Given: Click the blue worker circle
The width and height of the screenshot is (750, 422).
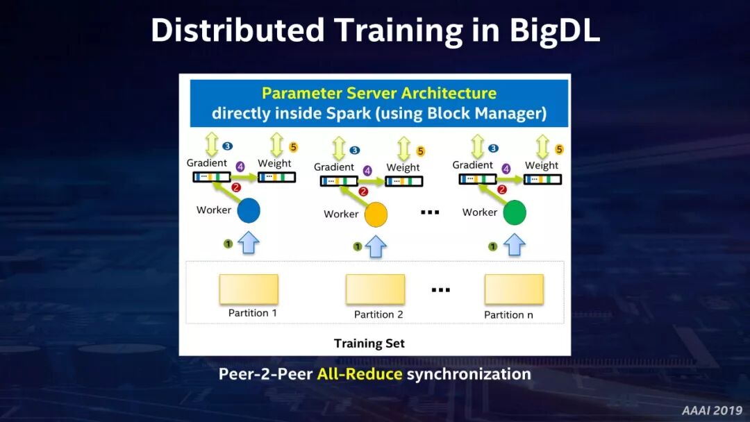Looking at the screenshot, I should (249, 211).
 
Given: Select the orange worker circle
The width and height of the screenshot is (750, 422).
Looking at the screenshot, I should (376, 215).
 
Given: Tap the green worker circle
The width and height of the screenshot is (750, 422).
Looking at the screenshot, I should (515, 213).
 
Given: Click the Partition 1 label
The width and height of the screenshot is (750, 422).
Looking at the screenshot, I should (253, 313).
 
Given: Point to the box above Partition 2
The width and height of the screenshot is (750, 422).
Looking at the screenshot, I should (375, 289).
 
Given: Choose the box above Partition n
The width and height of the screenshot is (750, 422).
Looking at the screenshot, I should (514, 289).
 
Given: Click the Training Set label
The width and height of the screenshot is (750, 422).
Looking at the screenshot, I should (369, 344).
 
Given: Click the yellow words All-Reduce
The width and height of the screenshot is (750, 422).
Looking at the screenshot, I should (360, 375).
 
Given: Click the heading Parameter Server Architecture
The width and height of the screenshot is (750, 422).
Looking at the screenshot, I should (378, 93).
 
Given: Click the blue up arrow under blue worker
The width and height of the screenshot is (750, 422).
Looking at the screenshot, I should (249, 242).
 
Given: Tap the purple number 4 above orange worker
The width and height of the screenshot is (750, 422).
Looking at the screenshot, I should (367, 170).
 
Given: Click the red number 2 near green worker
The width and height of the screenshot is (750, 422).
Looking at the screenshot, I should (501, 189).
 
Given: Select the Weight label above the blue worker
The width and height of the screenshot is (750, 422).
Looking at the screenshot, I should (274, 164).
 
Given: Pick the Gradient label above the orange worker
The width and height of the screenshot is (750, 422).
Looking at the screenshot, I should (334, 167).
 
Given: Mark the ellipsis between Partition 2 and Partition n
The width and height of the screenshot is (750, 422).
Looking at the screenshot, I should (441, 289).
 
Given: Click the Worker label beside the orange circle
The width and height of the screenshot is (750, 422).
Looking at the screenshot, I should (341, 214).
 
